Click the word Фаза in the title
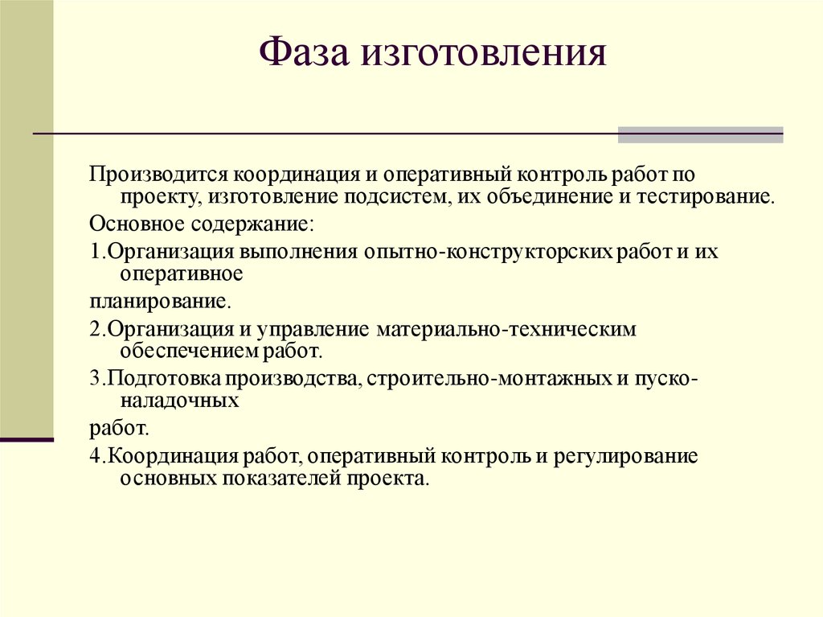305,53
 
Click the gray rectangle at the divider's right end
700,134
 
